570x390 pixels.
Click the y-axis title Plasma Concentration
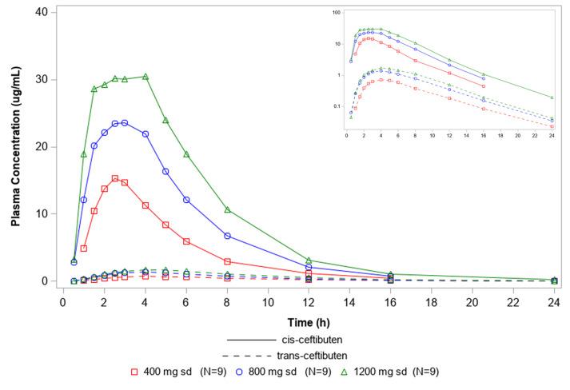[15, 150]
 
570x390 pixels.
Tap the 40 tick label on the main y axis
[40, 12]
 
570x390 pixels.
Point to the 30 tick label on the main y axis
[40, 79]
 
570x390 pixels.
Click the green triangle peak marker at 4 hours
[145, 77]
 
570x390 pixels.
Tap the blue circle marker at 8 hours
[227, 236]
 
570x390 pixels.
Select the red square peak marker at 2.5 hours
[114, 178]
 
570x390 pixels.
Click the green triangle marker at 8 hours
[227, 209]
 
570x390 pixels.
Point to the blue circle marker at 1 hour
[84, 200]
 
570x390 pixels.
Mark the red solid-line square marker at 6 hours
[186, 241]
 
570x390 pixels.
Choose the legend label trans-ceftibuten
[320, 355]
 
